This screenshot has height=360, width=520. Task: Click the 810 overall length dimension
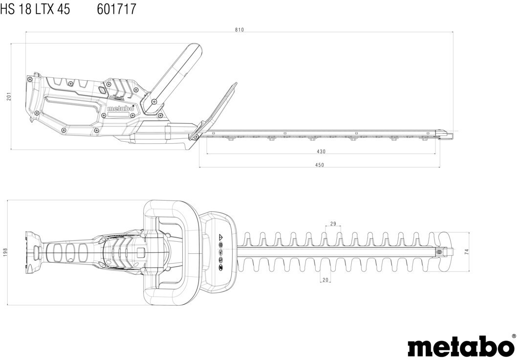pyautogui.click(x=239, y=30)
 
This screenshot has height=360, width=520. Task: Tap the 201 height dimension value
pyautogui.click(x=8, y=96)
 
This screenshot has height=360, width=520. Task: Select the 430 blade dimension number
pyautogui.click(x=321, y=152)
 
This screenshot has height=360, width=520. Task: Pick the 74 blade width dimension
pyautogui.click(x=466, y=251)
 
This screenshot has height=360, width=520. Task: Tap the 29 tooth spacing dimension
pyautogui.click(x=333, y=224)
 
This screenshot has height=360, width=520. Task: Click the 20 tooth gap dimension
pyautogui.click(x=325, y=280)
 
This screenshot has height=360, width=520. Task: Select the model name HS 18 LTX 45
pyautogui.click(x=35, y=9)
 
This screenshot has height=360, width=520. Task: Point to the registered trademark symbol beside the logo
pyautogui.click(x=513, y=337)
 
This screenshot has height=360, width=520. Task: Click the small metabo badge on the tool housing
pyautogui.click(x=120, y=109)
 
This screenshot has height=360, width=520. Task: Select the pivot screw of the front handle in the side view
pyautogui.click(x=154, y=101)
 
